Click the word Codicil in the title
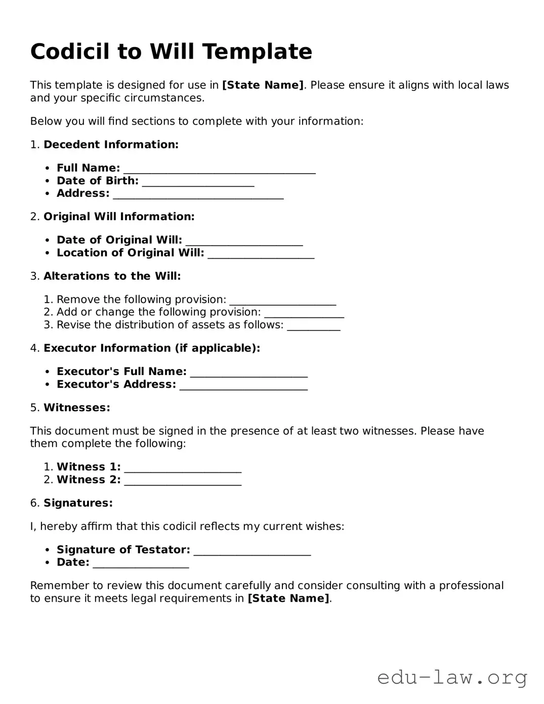tap(70, 52)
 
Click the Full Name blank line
tap(219, 170)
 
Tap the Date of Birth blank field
tap(198, 182)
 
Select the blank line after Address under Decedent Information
tap(198, 195)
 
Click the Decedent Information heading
tap(111, 145)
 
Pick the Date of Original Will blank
tap(244, 241)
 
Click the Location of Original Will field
tap(261, 254)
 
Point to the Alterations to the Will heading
tap(112, 276)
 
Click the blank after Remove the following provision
tap(282, 301)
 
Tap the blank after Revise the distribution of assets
tap(313, 326)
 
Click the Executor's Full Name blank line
tap(248, 373)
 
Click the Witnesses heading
tap(76, 408)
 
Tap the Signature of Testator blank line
tap(252, 551)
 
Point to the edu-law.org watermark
tap(452, 677)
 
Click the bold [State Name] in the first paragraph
tap(263, 85)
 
